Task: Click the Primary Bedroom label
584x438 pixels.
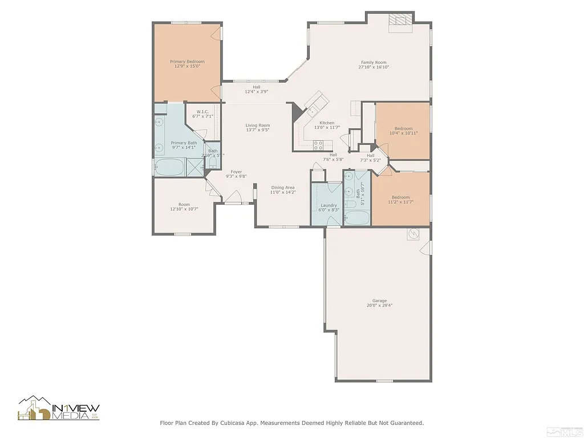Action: [187, 62]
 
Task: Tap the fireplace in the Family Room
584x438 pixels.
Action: [399, 20]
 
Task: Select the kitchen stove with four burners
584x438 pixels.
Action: [318, 144]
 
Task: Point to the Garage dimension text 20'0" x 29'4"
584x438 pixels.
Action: [379, 306]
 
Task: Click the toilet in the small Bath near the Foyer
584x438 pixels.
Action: [212, 164]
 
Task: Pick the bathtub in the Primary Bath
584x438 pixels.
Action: [169, 168]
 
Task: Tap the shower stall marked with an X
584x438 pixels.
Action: [194, 167]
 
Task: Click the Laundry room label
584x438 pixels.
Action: [328, 205]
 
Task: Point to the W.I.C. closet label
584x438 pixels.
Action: [202, 112]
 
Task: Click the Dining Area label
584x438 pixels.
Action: [283, 188]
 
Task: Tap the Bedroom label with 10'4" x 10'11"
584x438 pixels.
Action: [403, 128]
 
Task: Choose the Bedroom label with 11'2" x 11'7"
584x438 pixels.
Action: [400, 197]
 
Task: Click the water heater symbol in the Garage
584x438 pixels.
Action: [413, 234]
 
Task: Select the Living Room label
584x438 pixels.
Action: [258, 125]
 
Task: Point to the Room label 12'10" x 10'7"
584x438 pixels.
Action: [184, 204]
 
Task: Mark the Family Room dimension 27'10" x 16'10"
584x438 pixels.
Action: [374, 67]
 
